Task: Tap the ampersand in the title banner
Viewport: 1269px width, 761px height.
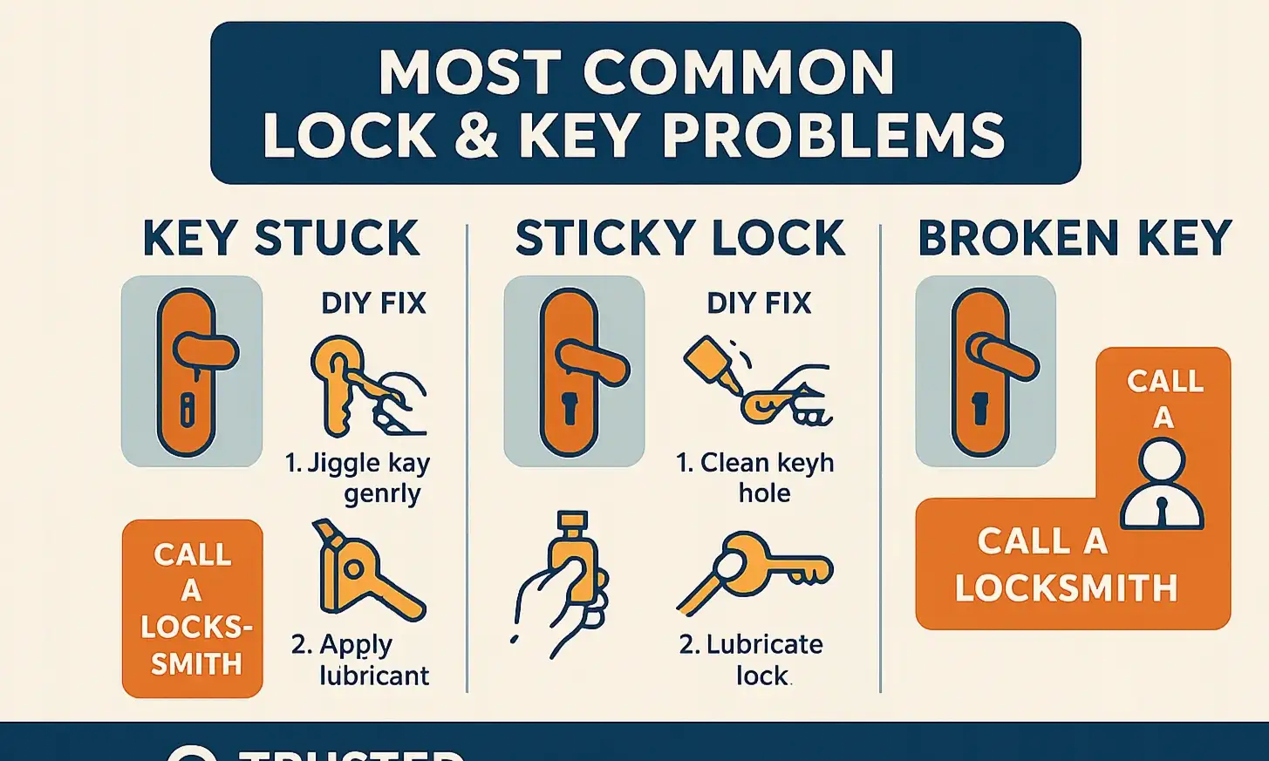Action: click(x=475, y=136)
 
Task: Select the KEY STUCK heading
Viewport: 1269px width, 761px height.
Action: click(x=281, y=239)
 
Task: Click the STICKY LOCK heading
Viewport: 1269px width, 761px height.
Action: click(x=680, y=239)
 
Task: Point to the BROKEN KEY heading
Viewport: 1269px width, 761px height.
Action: click(x=1075, y=239)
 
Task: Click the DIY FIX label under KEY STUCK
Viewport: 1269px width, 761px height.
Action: click(x=373, y=303)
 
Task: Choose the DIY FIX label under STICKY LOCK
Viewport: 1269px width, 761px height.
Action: click(x=759, y=303)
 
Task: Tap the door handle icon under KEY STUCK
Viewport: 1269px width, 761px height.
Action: click(x=192, y=371)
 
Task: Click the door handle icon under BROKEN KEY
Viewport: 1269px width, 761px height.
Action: click(x=986, y=371)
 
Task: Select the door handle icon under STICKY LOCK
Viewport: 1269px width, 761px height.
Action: click(x=574, y=371)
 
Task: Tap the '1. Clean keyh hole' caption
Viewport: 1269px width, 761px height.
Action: click(x=755, y=478)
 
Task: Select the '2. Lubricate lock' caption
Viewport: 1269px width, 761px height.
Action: click(x=752, y=660)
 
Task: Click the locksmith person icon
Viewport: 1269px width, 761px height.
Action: click(x=1162, y=485)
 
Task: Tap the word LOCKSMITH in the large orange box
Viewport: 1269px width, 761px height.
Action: click(x=1066, y=589)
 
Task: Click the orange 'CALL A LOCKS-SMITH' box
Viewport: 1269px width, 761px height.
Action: click(x=192, y=608)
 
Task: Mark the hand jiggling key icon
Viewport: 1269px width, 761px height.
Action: click(x=366, y=387)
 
